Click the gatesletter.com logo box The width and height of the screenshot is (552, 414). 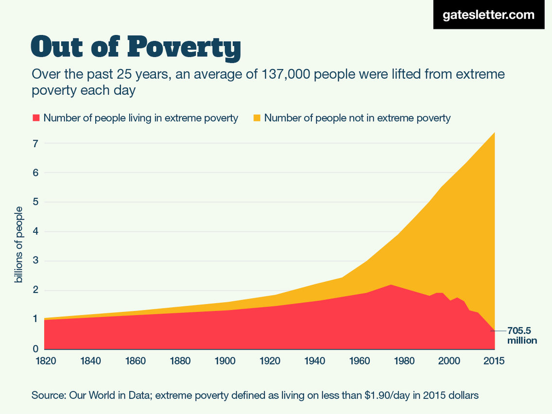pyautogui.click(x=488, y=15)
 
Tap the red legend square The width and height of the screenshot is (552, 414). pyautogui.click(x=35, y=118)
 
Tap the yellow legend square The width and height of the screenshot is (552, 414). pyautogui.click(x=256, y=118)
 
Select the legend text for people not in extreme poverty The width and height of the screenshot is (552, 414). pyautogui.click(x=357, y=118)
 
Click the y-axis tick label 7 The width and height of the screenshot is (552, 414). pyautogui.click(x=35, y=143)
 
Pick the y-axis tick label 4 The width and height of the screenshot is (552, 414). pyautogui.click(x=35, y=232)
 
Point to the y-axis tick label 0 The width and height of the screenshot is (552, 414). pyautogui.click(x=35, y=349)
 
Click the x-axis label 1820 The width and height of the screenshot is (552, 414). pyautogui.click(x=45, y=361)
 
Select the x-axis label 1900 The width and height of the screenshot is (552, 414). pyautogui.click(x=225, y=361)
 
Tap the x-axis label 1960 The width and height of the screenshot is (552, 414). pyautogui.click(x=360, y=361)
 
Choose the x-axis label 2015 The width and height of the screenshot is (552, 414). pyautogui.click(x=494, y=361)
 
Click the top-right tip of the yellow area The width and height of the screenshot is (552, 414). pyautogui.click(x=494, y=132)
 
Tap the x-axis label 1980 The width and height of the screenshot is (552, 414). pyautogui.click(x=405, y=361)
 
